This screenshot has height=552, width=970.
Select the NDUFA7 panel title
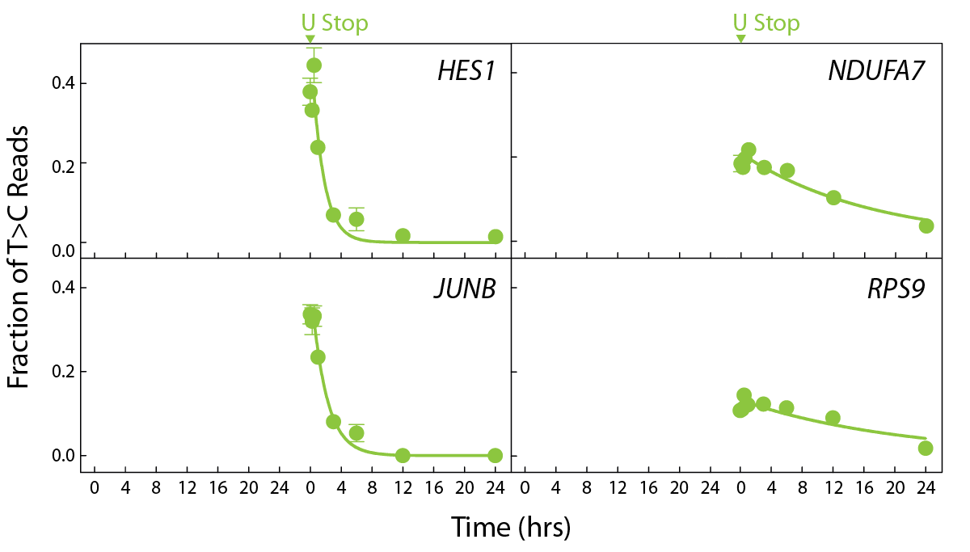pos(876,71)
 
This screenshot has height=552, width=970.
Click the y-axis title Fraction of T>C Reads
pos(19,256)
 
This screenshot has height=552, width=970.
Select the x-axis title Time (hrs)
pos(511,527)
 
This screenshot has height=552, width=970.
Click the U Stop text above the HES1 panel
pos(335,23)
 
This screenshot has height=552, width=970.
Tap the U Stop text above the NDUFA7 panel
pos(766,23)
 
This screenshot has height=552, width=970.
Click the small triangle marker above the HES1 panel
pos(310,39)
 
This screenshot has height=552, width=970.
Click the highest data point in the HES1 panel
pos(314,65)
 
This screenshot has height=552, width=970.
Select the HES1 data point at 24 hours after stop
pos(496,237)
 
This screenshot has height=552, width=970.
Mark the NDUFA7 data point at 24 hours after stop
pos(926,225)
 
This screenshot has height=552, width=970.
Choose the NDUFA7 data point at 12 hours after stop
pos(833,197)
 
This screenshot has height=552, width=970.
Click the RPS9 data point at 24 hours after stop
pos(926,448)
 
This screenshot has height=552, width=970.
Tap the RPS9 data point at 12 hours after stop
pos(833,418)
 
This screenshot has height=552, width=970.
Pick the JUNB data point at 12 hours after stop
pos(403,455)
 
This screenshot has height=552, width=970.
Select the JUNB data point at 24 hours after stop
pos(495,455)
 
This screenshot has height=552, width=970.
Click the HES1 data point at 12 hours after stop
pos(403,236)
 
